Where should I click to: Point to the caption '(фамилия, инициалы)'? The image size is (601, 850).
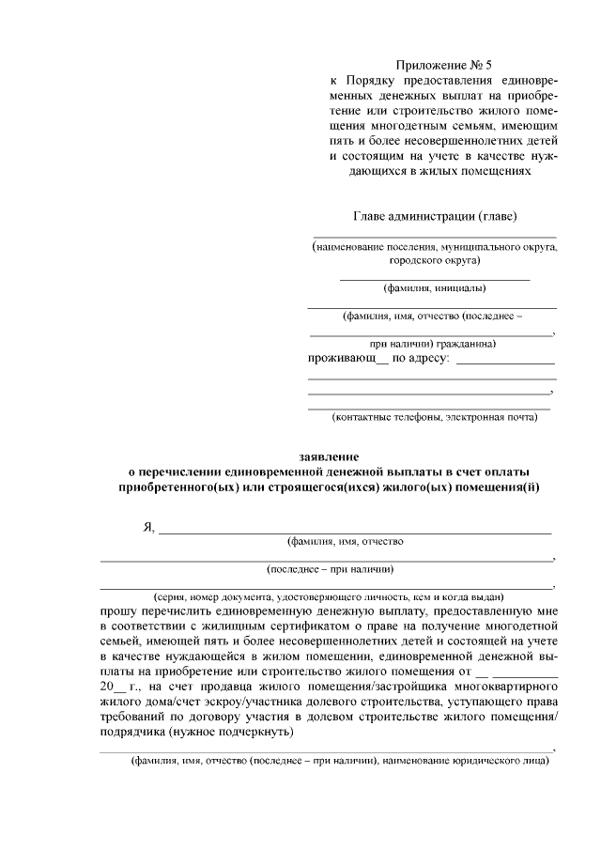(x=434, y=288)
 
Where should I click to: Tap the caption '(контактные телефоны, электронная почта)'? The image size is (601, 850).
(x=434, y=416)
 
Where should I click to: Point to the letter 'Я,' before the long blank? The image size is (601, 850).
(x=148, y=528)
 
